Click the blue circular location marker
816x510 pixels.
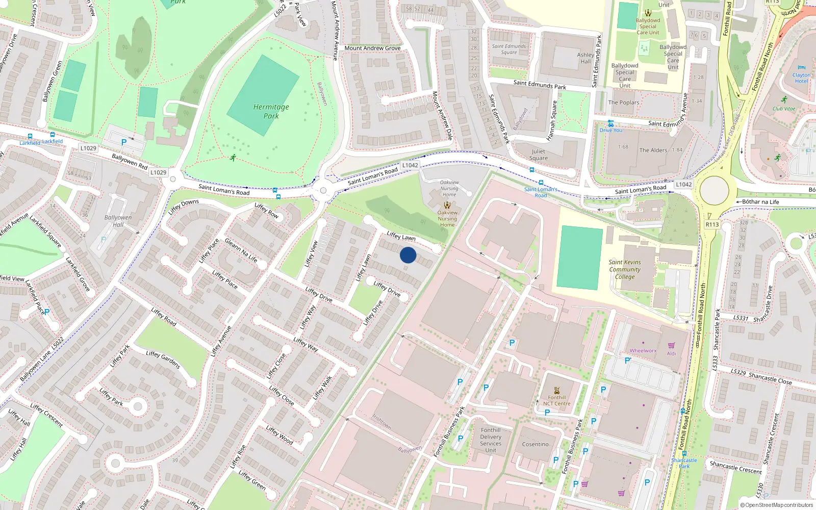408,255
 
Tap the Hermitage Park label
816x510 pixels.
271,111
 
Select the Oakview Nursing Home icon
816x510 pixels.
447,205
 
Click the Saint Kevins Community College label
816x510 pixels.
625,269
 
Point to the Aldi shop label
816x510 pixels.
671,353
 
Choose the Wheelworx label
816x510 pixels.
643,350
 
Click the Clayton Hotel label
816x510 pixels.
801,78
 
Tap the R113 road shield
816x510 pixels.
712,224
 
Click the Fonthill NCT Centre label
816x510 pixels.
557,400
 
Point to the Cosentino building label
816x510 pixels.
535,444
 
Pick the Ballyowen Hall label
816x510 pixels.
118,221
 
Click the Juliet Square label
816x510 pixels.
538,155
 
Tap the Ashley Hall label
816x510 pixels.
585,58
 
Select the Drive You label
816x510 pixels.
610,130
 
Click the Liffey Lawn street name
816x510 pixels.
401,236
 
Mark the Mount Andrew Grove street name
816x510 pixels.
372,48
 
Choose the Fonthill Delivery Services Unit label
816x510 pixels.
491,440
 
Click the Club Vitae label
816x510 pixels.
784,109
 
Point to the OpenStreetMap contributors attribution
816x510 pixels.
777,505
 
